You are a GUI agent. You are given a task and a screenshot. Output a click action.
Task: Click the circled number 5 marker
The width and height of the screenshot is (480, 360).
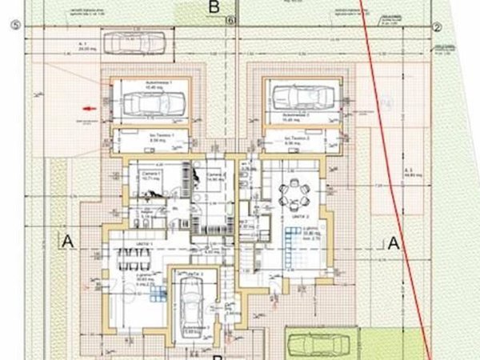[x=14, y=25]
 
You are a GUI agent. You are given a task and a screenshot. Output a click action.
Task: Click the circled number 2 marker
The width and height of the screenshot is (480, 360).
[x=438, y=26]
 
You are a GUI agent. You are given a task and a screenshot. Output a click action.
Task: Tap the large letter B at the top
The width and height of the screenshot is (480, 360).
[x=213, y=7]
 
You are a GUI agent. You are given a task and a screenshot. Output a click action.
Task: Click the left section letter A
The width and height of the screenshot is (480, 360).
[x=67, y=241]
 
